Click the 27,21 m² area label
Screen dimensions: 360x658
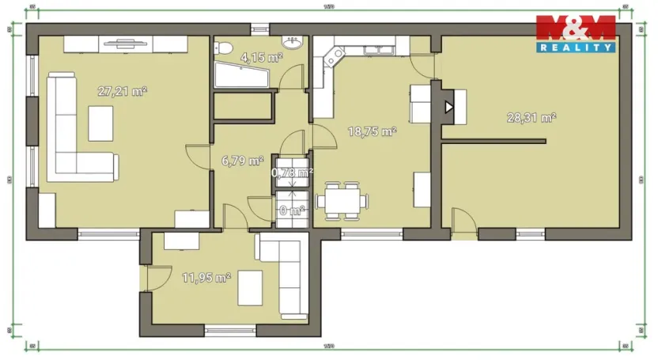[122, 91]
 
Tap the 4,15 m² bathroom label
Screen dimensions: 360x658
[262, 57]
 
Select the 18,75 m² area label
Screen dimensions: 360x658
[372, 132]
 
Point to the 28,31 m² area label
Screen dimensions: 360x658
[531, 117]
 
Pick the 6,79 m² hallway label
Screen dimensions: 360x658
[242, 161]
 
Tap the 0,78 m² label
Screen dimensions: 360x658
[292, 172]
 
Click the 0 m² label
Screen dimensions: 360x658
[292, 210]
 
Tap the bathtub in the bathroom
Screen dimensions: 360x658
[240, 77]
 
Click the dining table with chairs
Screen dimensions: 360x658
[342, 200]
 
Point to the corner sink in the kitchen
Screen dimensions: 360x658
[333, 57]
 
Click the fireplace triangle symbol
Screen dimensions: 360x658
[449, 107]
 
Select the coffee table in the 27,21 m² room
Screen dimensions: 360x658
[100, 123]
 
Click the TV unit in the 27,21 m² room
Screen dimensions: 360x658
[125, 44]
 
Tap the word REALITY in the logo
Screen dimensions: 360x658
[576, 47]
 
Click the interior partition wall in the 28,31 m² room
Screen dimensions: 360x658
[493, 142]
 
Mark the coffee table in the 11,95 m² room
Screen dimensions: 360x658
[251, 286]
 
